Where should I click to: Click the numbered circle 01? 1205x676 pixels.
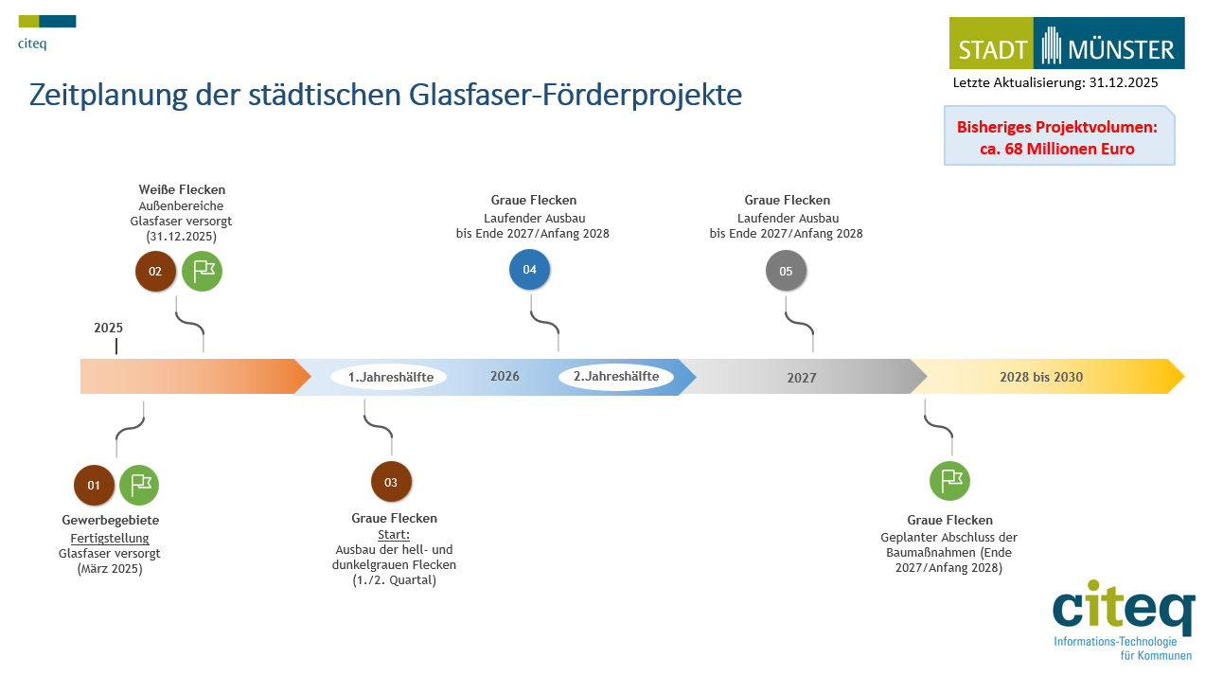point(94,485)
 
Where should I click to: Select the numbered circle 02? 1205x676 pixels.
point(155,272)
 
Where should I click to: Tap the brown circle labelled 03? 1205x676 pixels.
point(391,482)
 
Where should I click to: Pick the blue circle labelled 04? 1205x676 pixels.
point(529,270)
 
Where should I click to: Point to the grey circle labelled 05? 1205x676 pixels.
point(786,272)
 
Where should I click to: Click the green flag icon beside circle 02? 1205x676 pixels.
point(203,272)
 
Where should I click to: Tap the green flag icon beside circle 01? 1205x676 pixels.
point(139,485)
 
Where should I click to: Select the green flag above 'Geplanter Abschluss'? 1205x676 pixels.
point(949,480)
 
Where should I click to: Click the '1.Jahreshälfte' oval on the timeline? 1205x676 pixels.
point(390,377)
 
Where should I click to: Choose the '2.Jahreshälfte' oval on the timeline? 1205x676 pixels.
point(616,377)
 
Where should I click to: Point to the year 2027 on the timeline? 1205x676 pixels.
point(802,378)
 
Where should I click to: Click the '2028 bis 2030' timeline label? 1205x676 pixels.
point(1041,377)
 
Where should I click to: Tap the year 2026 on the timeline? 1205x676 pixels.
point(505,377)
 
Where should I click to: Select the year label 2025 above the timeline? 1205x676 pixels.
point(109,329)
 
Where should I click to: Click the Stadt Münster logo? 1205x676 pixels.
point(1067,44)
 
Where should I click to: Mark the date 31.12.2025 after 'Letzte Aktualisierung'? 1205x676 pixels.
point(1124,83)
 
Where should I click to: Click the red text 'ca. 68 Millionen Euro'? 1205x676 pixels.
point(1056,149)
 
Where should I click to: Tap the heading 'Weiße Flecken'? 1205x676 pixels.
point(182,190)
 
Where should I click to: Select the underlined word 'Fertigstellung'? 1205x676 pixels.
point(110,538)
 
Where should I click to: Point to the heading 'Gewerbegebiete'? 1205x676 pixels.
point(111,520)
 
